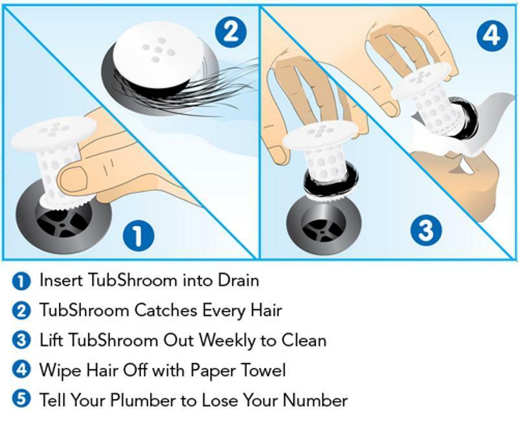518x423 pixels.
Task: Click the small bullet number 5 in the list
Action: pos(21,400)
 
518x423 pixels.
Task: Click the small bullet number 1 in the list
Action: pos(21,281)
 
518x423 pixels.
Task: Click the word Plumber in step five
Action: pos(128,400)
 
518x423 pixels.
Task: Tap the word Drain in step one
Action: pos(236,280)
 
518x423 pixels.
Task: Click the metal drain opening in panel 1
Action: pos(62,220)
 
